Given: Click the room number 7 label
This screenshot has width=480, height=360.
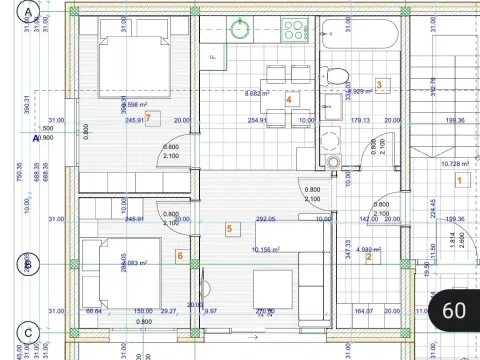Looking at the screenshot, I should pyautogui.click(x=148, y=117).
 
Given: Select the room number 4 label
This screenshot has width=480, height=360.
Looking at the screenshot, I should pyautogui.click(x=288, y=99).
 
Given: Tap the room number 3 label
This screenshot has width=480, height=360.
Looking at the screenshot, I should pyautogui.click(x=379, y=84).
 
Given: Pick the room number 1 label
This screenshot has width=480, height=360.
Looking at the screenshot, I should pyautogui.click(x=459, y=180).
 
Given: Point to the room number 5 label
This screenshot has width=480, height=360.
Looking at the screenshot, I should pyautogui.click(x=229, y=229).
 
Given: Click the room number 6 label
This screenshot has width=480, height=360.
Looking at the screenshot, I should pyautogui.click(x=179, y=256).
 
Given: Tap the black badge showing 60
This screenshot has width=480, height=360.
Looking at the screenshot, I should pyautogui.click(x=453, y=310).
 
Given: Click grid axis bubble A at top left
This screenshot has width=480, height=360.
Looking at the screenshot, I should pyautogui.click(x=29, y=12).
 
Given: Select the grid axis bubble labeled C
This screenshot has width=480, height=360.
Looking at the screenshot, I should pyautogui.click(x=29, y=332).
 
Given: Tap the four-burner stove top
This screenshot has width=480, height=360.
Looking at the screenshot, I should pyautogui.click(x=294, y=29).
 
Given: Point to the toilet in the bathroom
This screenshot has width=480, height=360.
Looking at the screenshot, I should pyautogui.click(x=338, y=75).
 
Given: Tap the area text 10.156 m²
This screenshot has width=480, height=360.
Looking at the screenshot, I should pyautogui.click(x=266, y=249).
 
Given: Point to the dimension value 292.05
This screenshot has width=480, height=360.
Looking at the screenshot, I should pyautogui.click(x=265, y=219).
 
